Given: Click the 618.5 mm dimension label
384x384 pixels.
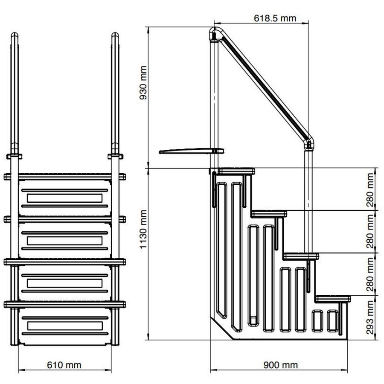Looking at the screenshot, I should click(275, 19).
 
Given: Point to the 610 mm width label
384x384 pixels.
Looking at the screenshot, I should click(64, 365).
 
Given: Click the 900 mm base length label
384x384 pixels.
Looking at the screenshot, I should click(281, 365).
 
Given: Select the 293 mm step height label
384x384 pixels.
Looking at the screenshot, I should click(370, 317).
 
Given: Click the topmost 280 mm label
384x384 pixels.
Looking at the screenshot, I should click(370, 189).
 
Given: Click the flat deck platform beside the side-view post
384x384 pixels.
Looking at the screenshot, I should click(190, 151).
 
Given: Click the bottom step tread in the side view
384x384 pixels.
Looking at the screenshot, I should click(333, 298).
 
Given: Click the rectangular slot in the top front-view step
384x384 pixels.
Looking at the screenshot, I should click(64, 198).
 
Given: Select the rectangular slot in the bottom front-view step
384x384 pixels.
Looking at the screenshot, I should click(64, 326).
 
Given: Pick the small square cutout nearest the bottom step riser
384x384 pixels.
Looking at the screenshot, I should click(332, 321).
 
